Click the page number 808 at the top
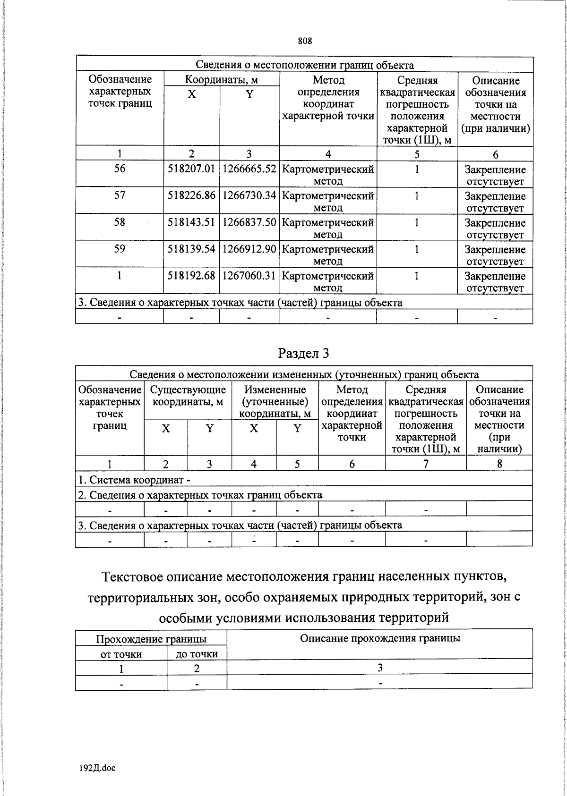(x=305, y=41)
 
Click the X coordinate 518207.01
(x=191, y=169)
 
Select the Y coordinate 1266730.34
(x=249, y=195)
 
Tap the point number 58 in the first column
(x=120, y=222)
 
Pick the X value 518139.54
(x=191, y=249)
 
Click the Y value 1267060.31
(x=249, y=275)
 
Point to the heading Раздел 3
(x=304, y=353)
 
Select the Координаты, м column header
(x=221, y=79)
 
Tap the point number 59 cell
(x=120, y=248)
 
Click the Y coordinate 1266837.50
(x=249, y=222)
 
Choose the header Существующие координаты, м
(x=188, y=396)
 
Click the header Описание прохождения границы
(x=380, y=638)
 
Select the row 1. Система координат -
(x=135, y=480)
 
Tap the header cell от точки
(x=121, y=654)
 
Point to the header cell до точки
(x=197, y=654)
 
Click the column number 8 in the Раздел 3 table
(x=499, y=464)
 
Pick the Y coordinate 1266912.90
(x=249, y=249)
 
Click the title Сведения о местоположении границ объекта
(x=304, y=65)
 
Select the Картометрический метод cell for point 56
(x=327, y=174)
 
